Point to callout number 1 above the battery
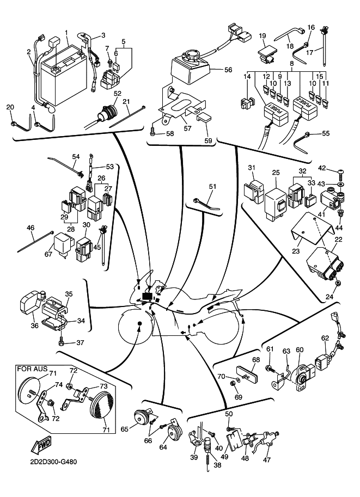coord(66,33)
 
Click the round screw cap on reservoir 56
coord(192,56)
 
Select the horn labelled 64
coord(174,432)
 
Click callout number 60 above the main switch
coord(300,349)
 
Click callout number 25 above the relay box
coord(276,173)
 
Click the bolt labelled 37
coord(63,342)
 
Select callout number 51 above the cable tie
coord(212,186)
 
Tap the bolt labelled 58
coord(153,132)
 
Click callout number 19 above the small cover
coord(262,36)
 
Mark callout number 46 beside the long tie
coord(30,228)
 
